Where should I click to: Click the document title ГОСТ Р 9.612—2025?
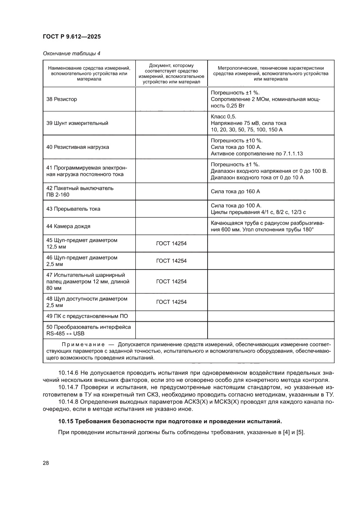click(72, 37)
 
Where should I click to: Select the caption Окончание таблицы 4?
click(71, 54)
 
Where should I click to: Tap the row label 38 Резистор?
click(61, 99)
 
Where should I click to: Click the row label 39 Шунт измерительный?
click(77, 123)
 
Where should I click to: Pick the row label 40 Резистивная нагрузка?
click(77, 147)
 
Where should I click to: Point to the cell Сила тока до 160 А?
click(236, 191)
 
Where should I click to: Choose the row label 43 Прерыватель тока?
click(73, 209)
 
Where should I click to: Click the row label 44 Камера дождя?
click(68, 226)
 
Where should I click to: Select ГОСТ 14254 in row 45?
click(171, 243)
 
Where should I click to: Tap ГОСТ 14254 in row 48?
click(171, 302)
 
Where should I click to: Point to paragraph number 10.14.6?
click(68, 373)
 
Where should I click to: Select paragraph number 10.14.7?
click(68, 388)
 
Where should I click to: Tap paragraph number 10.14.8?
click(68, 402)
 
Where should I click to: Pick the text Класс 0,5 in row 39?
click(223, 117)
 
